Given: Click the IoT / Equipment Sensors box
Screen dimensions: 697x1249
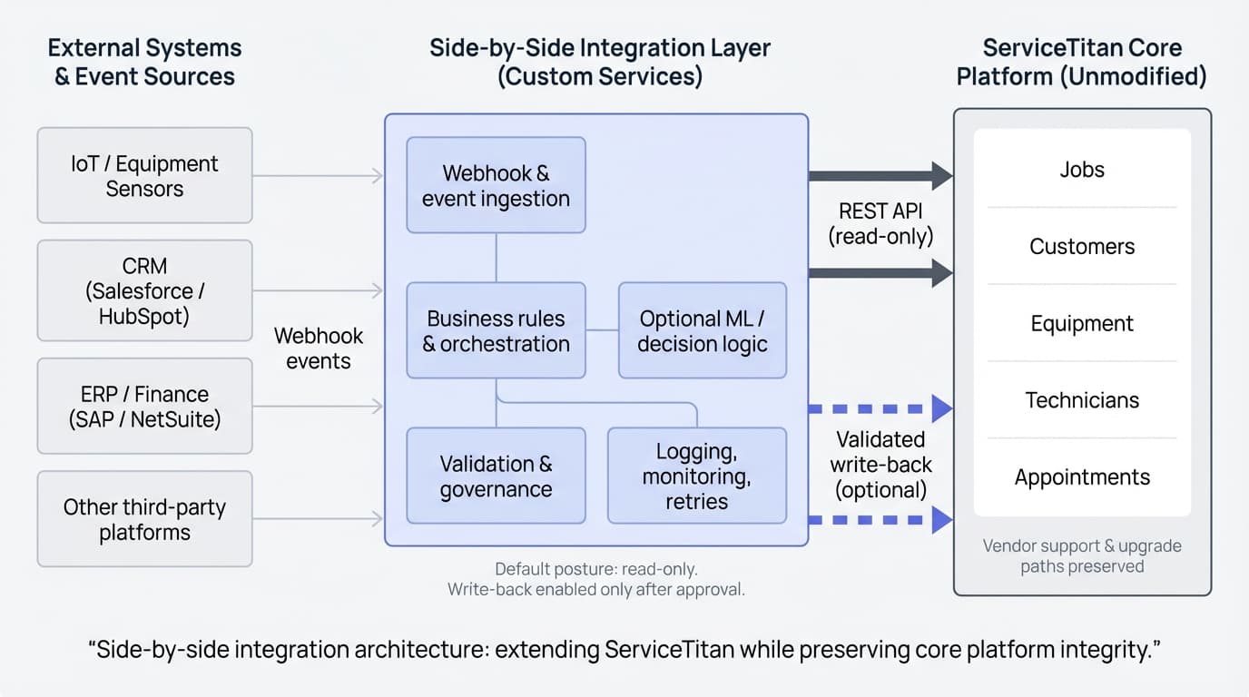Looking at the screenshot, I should click(x=144, y=176).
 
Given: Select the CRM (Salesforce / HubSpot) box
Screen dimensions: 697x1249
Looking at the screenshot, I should click(x=144, y=290).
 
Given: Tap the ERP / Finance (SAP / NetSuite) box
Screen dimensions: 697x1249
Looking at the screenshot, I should click(x=144, y=407).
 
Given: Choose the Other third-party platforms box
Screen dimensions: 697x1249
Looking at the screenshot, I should click(x=144, y=519).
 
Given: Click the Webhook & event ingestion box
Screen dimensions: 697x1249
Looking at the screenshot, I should click(x=496, y=185).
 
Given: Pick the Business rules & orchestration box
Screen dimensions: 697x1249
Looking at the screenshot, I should click(x=496, y=330).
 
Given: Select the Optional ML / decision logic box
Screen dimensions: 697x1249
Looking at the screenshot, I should click(x=702, y=330).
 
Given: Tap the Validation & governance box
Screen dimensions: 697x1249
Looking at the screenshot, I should click(x=496, y=476).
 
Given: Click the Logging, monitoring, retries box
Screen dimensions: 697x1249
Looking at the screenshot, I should click(x=696, y=476).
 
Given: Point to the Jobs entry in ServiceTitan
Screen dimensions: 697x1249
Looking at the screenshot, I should click(x=1081, y=170).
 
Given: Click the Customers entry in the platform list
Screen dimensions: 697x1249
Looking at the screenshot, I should click(x=1081, y=247).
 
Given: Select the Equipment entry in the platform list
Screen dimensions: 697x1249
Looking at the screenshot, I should click(x=1081, y=324).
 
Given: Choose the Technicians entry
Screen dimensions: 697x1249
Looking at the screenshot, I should click(x=1081, y=400).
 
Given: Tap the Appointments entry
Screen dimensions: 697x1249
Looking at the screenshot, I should click(x=1081, y=477).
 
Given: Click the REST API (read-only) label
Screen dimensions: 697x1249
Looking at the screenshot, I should click(x=880, y=223).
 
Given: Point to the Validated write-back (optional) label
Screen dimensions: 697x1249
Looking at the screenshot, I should click(x=880, y=465).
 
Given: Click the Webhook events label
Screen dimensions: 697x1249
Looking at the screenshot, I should click(x=318, y=348).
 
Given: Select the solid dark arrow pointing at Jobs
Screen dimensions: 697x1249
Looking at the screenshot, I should click(x=880, y=175).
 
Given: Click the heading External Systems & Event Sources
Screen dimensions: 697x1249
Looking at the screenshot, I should click(x=144, y=62).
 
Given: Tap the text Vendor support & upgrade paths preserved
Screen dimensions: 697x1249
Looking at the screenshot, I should click(x=1081, y=556).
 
